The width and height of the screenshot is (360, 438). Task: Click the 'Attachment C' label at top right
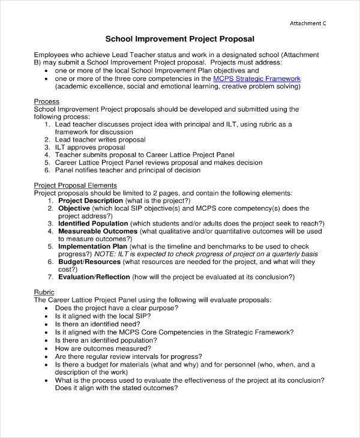pyautogui.click(x=308, y=23)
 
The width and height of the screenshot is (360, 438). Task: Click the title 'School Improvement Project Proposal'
pyautogui.click(x=180, y=39)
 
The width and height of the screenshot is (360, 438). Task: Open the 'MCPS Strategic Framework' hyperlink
pyautogui.click(x=257, y=79)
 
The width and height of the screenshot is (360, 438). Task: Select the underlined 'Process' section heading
pyautogui.click(x=46, y=101)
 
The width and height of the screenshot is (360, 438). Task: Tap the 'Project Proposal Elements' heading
pyautogui.click(x=75, y=185)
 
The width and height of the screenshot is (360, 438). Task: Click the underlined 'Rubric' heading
pyautogui.click(x=44, y=292)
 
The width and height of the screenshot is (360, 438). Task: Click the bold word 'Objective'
pyautogui.click(x=74, y=208)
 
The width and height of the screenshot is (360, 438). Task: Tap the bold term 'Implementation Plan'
pyautogui.click(x=92, y=246)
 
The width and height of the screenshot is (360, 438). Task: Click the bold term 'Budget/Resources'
pyautogui.click(x=86, y=262)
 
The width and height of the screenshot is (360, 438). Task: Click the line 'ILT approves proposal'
pyautogui.click(x=90, y=147)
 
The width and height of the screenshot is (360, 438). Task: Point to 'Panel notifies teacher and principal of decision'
pyautogui.click(x=127, y=170)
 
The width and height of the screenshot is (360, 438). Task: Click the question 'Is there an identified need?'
pyautogui.click(x=97, y=323)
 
